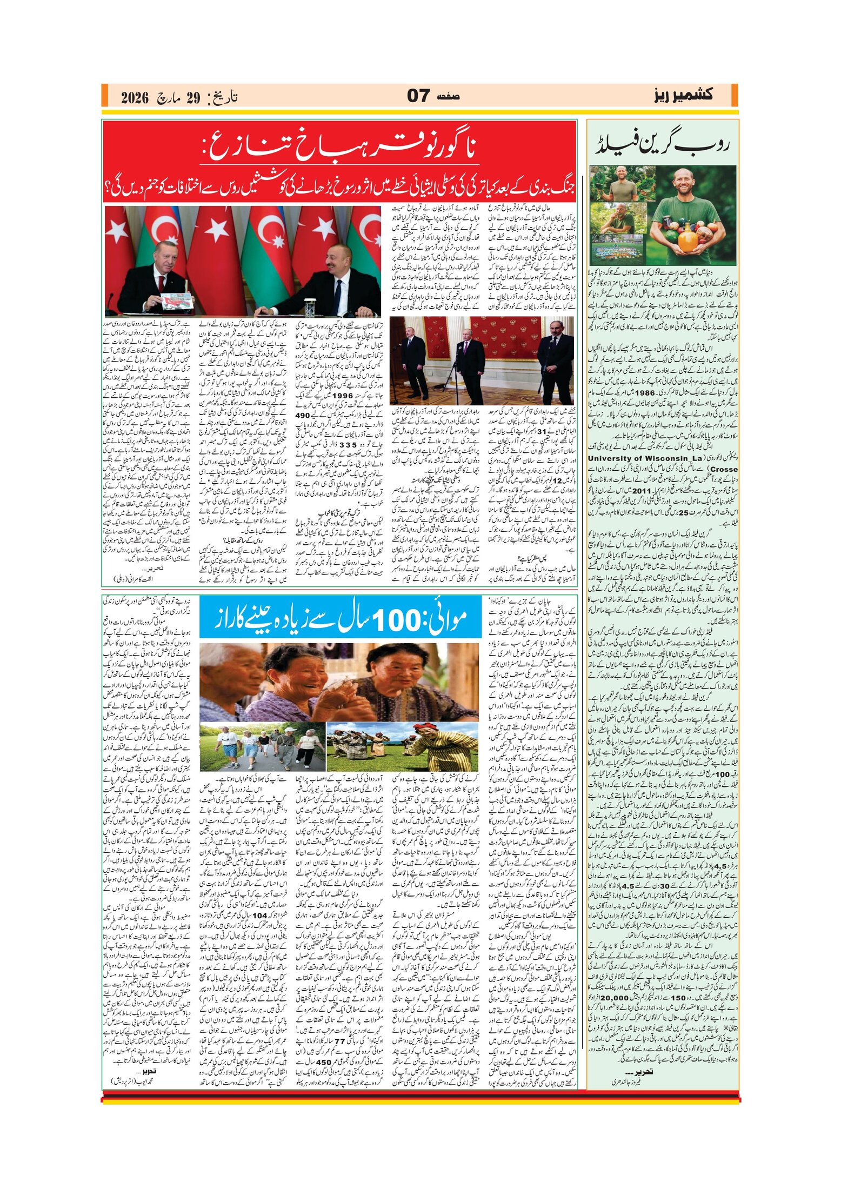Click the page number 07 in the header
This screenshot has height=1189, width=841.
tap(418, 96)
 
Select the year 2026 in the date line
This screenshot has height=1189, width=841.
tap(134, 98)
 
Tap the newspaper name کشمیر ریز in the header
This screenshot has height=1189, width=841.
tap(683, 96)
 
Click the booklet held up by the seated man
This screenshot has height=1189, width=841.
tap(176, 302)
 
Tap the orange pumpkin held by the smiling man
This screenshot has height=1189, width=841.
tap(688, 238)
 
